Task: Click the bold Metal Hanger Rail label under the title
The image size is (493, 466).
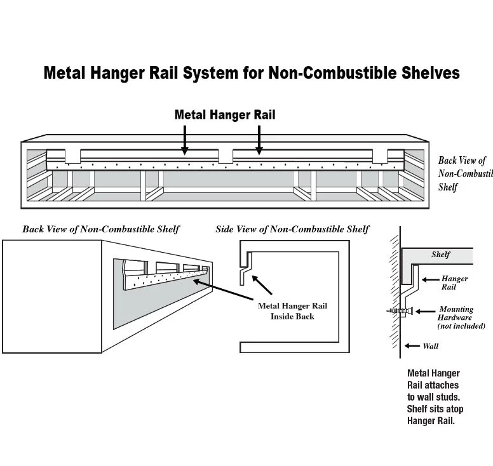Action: [x=225, y=115]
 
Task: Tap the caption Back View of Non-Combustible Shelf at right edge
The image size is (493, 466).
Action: [x=464, y=174]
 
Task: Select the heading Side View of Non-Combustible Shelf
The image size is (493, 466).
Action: [x=292, y=229]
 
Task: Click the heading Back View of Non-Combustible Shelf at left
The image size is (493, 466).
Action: [x=100, y=229]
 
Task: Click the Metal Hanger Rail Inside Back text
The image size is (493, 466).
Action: [x=292, y=311]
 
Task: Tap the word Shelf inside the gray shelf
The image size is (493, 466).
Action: [x=440, y=255]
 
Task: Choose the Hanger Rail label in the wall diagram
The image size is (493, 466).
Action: [x=454, y=283]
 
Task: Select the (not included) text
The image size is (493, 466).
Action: [x=461, y=326]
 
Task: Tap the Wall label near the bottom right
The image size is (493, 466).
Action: [x=431, y=346]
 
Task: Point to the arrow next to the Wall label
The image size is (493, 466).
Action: [x=411, y=346]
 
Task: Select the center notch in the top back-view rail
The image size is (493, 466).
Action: [x=226, y=155]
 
